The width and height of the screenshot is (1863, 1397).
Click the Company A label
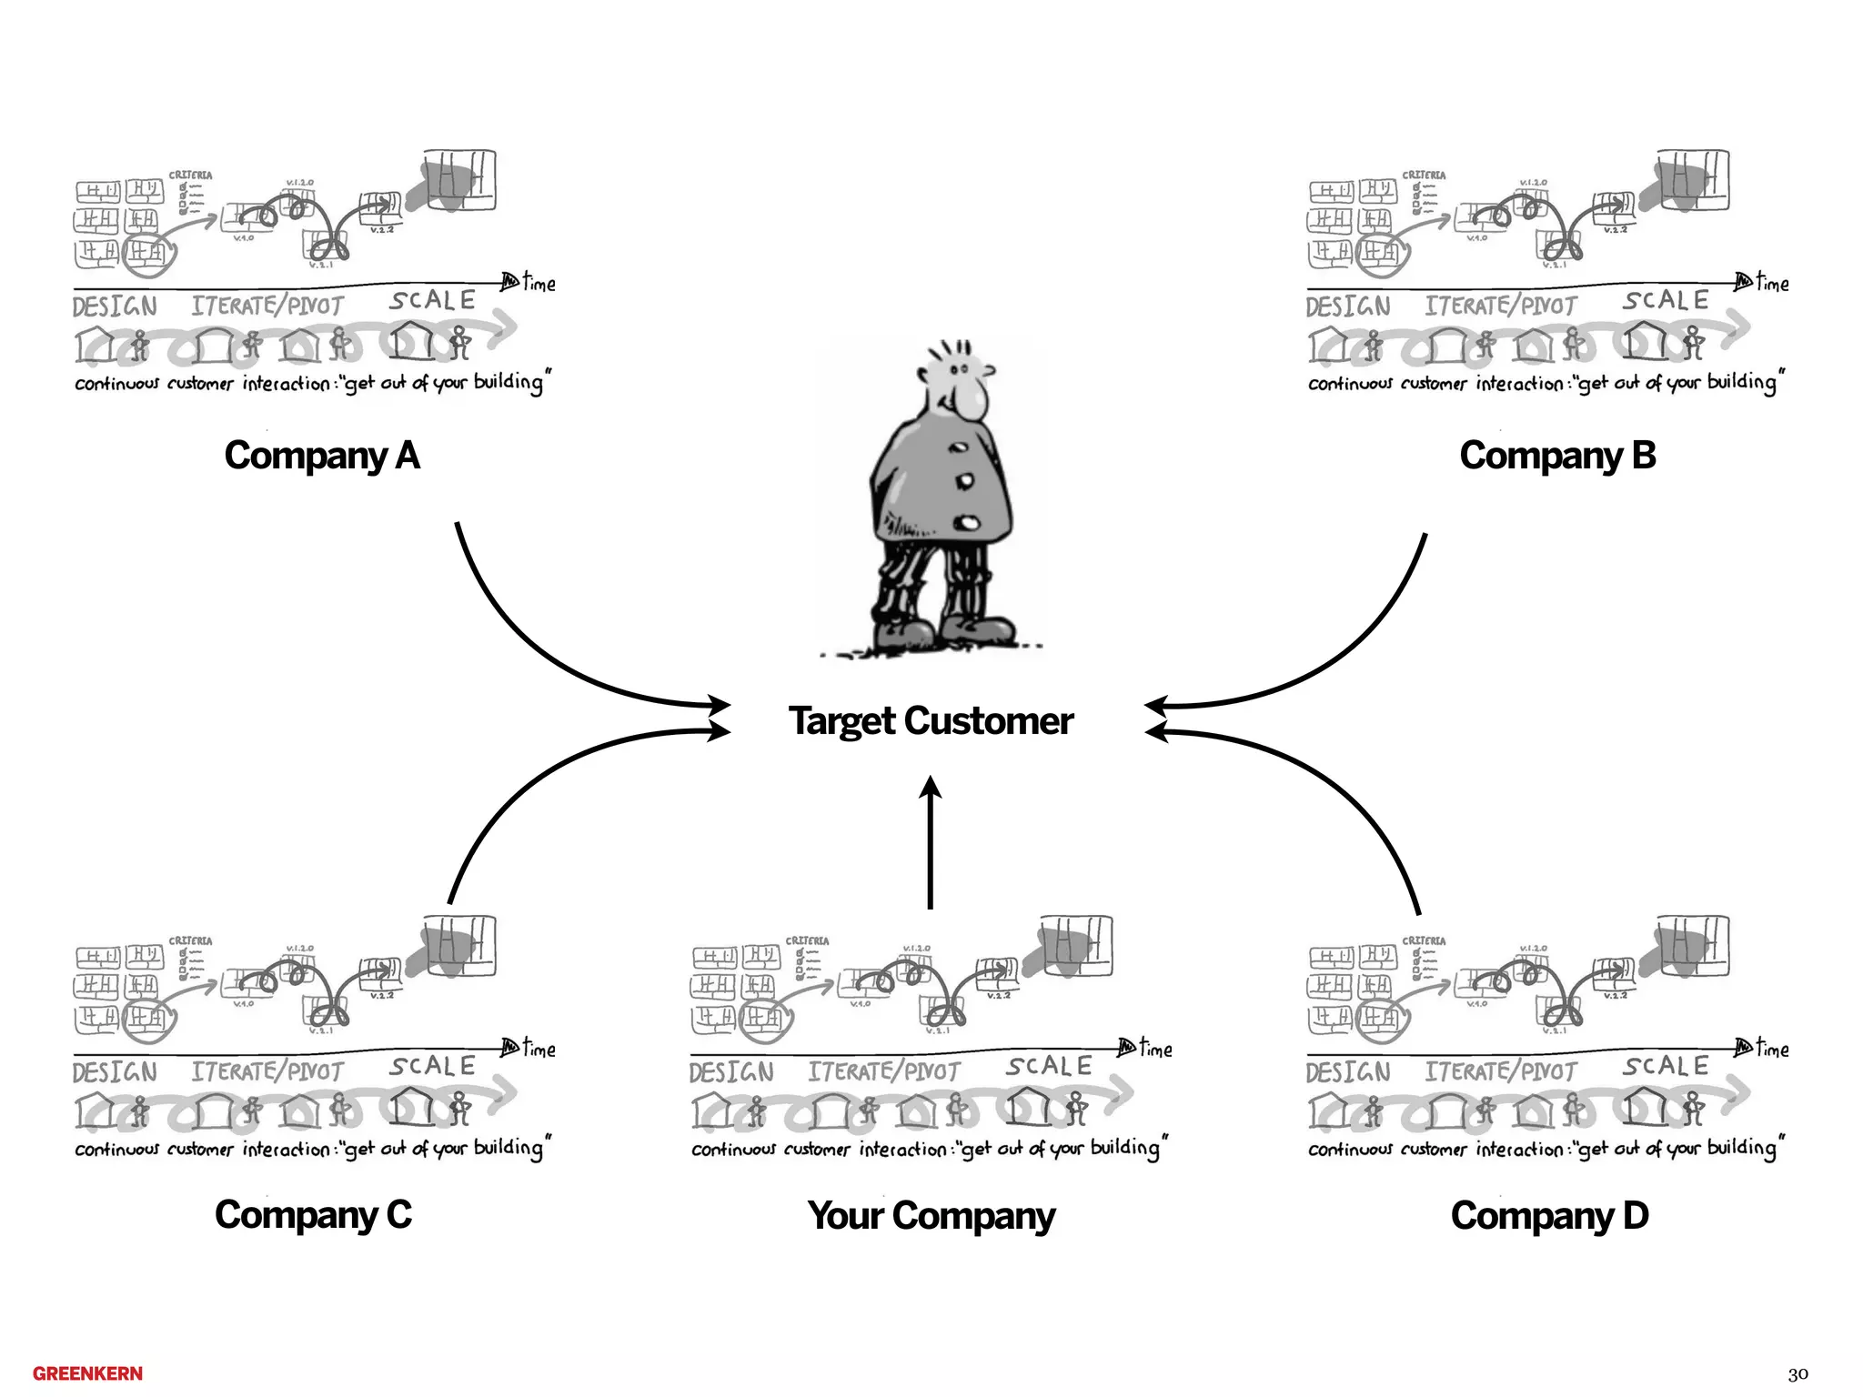pos(322,456)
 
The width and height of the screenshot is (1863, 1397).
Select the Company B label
pos(1557,456)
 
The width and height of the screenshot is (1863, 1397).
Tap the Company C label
pos(313,1215)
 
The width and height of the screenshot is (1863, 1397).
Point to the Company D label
pos(1549,1216)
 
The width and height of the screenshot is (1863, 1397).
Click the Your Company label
pos(931,1216)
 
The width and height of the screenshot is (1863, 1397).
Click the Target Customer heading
pos(931,721)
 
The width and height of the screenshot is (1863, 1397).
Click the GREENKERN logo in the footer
pos(87,1373)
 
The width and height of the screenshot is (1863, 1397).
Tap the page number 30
pos(1798,1374)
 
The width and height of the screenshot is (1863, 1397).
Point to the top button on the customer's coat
pos(957,447)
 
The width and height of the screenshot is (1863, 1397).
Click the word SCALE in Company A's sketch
pos(432,300)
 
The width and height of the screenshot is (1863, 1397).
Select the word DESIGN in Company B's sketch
pos(1347,307)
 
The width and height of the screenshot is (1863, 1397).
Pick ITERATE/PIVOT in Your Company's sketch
pos(883,1072)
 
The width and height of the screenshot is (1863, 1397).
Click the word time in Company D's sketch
pos(1772,1049)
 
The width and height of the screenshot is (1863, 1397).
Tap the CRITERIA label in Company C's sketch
pos(190,940)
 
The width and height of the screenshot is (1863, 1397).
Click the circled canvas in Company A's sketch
pos(146,254)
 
